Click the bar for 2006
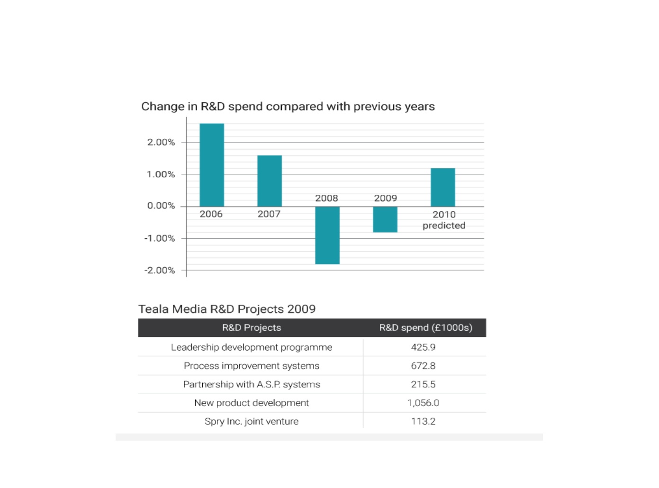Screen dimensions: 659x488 click(212, 165)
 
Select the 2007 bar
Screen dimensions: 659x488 click(270, 181)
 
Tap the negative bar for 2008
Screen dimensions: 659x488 click(327, 235)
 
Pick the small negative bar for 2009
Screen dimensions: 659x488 click(385, 219)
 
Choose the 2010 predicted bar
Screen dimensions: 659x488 click(442, 187)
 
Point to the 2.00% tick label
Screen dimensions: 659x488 click(161, 142)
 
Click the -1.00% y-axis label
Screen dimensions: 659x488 click(160, 238)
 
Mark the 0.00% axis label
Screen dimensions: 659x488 click(161, 206)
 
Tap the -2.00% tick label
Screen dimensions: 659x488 click(160, 271)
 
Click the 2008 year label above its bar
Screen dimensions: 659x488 click(326, 198)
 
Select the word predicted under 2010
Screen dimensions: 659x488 click(444, 226)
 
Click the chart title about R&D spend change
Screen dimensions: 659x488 click(288, 107)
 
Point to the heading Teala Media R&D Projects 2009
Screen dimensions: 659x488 click(227, 309)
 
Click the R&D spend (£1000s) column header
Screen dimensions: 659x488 click(426, 327)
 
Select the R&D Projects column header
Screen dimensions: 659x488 click(252, 327)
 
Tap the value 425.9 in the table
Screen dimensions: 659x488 click(423, 347)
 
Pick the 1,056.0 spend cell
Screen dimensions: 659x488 click(423, 403)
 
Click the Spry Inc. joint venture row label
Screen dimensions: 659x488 click(252, 421)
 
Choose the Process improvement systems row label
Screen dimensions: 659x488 click(252, 366)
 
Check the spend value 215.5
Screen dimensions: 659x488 click(423, 384)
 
